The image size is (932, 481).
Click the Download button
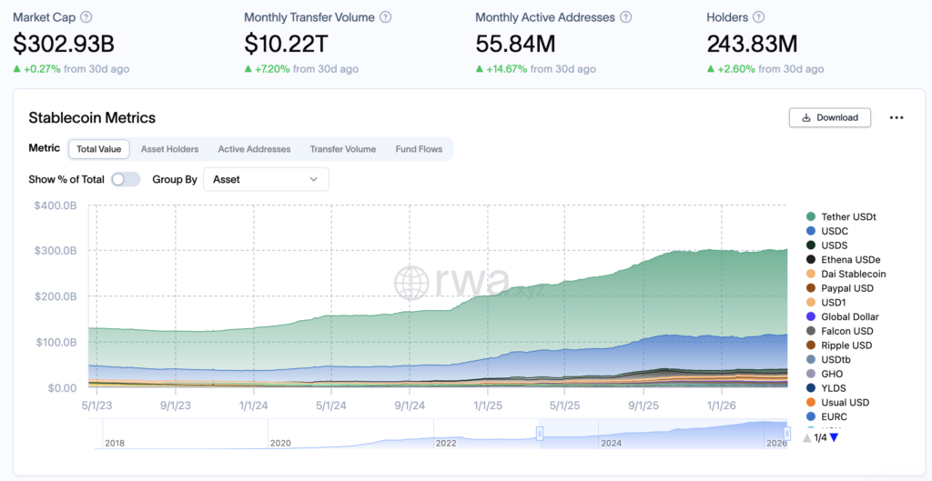click(x=829, y=117)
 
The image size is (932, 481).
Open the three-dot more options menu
click(x=897, y=117)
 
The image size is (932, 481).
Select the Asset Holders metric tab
click(x=169, y=149)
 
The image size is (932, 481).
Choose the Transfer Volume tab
click(x=342, y=149)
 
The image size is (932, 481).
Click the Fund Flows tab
click(x=419, y=149)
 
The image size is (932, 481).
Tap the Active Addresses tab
click(x=254, y=149)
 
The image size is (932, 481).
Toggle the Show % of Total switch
click(x=126, y=179)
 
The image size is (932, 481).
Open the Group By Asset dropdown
click(x=266, y=179)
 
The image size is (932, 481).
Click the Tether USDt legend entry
click(x=847, y=216)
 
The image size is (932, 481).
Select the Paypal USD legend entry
click(x=846, y=288)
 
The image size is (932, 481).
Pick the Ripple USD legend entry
click(x=846, y=346)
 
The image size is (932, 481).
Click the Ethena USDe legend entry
click(x=850, y=259)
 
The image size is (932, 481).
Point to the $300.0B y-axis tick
click(x=56, y=251)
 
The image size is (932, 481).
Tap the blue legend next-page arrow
click(x=834, y=437)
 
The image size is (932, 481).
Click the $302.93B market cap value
click(x=64, y=43)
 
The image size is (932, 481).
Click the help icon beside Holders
click(x=759, y=17)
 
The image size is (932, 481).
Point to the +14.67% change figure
click(x=506, y=69)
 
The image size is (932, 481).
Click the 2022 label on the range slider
click(x=446, y=443)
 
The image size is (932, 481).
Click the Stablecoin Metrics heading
click(x=92, y=117)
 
